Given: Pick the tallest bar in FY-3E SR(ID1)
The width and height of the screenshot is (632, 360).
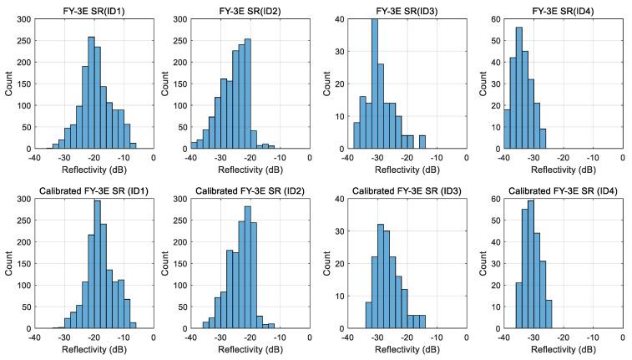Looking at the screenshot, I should click(91, 92).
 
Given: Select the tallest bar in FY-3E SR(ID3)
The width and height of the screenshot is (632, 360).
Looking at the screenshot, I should click(374, 84).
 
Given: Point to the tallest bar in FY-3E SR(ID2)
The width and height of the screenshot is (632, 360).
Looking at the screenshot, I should click(249, 93).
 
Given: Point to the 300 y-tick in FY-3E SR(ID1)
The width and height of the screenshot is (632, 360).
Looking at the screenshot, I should click(23, 18).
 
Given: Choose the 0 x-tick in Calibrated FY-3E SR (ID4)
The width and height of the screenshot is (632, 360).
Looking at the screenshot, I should click(622, 337).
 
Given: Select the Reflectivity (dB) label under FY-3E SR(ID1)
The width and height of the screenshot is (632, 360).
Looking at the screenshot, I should click(94, 168).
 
